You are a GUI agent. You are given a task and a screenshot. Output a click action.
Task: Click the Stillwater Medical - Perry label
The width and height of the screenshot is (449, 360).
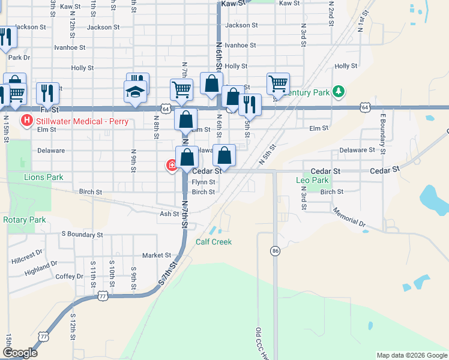(x=73, y=120)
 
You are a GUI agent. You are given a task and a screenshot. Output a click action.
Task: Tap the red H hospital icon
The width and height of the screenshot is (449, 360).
(x=26, y=121)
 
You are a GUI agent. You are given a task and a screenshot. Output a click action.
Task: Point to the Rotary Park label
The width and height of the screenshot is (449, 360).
(x=24, y=220)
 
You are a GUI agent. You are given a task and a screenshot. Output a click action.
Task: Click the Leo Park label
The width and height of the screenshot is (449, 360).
(x=312, y=180)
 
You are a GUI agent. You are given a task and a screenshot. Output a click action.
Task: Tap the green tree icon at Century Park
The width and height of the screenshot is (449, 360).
(x=339, y=92)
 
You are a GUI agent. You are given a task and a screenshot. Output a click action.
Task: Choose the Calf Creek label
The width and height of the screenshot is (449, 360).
(x=214, y=242)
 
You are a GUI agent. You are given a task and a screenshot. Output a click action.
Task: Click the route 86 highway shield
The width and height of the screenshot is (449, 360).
(x=275, y=251)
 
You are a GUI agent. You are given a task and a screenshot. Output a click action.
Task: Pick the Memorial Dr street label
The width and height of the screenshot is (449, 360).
(x=348, y=217)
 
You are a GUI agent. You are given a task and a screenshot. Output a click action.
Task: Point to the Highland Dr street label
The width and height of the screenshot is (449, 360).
(x=41, y=268)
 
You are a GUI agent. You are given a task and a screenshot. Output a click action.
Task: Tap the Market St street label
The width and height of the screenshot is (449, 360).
(x=156, y=255)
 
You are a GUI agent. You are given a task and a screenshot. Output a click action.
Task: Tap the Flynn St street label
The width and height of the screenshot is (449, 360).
(x=203, y=182)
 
